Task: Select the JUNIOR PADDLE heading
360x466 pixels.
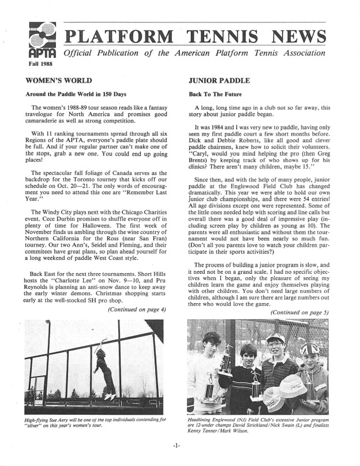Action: [215, 81]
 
